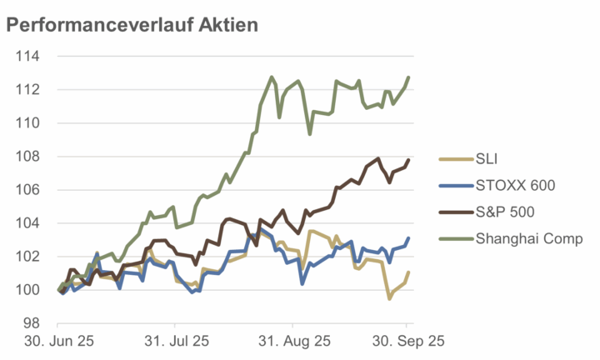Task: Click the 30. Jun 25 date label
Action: pyautogui.click(x=58, y=342)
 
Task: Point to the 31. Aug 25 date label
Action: pyautogui.click(x=292, y=342)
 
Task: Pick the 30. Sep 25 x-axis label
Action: pyautogui.click(x=407, y=342)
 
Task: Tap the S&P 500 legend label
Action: pyautogui.click(x=505, y=212)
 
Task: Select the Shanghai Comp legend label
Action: pyautogui.click(x=528, y=239)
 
